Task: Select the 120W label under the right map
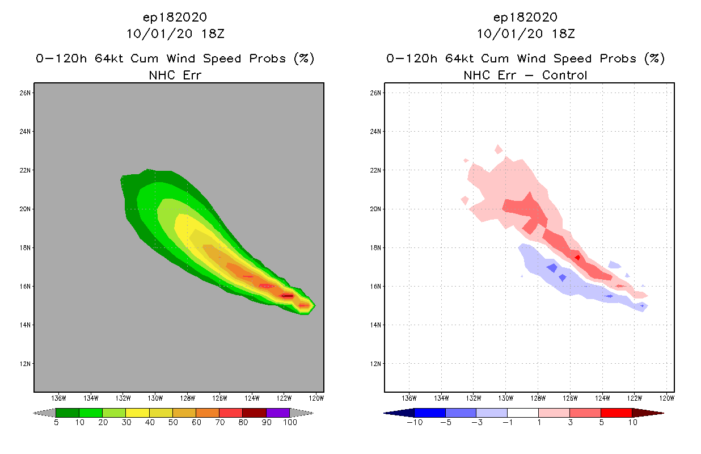coord(667,397)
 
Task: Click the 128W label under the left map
coord(188,397)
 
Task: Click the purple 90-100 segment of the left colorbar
coord(278,413)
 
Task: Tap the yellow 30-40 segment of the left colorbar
coord(137,413)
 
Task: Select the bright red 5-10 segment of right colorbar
coord(616,413)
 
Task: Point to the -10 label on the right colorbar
coord(413,422)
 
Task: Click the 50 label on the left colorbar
coord(172,422)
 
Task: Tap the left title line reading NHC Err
coord(175,75)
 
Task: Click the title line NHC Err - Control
coord(525,75)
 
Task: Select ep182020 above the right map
coord(525,17)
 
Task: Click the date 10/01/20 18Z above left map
coord(175,33)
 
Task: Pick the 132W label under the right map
coord(474,397)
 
